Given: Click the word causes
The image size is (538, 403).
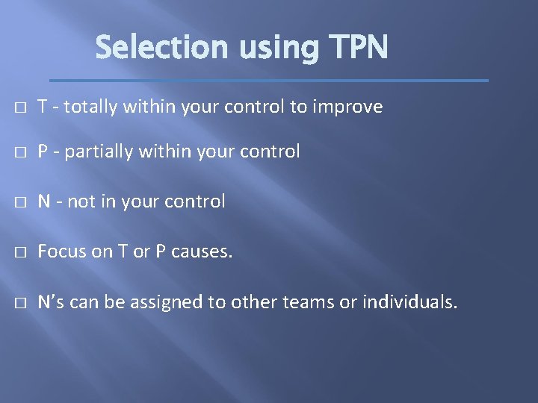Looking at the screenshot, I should tap(202, 252).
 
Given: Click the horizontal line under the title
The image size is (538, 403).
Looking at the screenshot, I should tap(268, 80).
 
